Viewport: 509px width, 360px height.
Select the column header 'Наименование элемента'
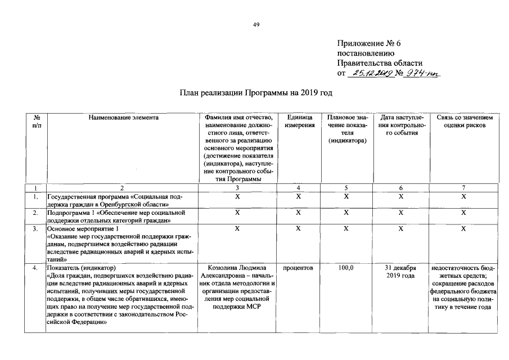[123, 118]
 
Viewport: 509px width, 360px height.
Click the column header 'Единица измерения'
[299, 121]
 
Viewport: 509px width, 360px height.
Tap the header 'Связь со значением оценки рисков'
[464, 121]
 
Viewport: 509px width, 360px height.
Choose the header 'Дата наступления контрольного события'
[401, 125]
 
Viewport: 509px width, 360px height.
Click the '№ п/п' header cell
[37, 121]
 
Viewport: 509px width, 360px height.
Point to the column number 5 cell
[347, 187]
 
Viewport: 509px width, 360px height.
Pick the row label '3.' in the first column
[35, 229]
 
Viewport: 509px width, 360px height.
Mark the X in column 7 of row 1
[464, 197]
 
